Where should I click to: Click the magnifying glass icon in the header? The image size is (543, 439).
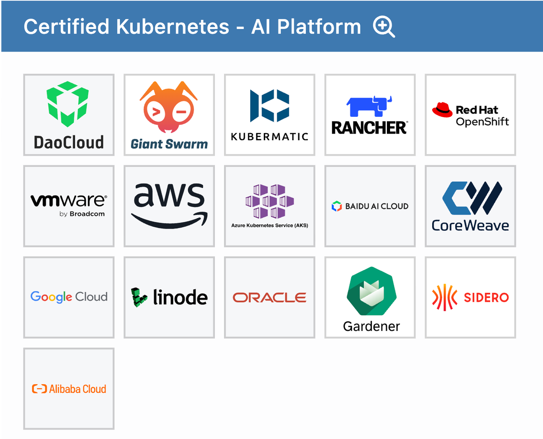click(383, 27)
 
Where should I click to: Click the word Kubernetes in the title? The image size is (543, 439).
click(172, 27)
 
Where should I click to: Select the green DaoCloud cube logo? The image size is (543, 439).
click(68, 104)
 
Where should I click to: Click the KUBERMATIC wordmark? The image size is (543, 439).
click(270, 136)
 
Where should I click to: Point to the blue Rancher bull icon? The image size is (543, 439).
click(369, 107)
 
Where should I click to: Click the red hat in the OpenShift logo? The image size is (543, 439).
click(442, 110)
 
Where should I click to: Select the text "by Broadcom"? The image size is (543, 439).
click(82, 214)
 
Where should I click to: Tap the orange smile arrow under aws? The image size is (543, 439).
click(169, 220)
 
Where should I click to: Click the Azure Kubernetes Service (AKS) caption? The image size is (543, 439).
click(270, 225)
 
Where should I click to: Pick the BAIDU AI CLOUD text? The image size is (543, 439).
click(376, 206)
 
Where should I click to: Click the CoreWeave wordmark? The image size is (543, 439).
click(470, 225)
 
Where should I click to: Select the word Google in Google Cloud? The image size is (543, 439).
click(51, 297)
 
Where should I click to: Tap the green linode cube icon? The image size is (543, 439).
click(139, 297)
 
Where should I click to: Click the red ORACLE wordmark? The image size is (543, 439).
click(270, 297)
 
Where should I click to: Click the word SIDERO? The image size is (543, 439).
click(486, 298)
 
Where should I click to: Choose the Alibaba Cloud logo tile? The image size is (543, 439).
click(69, 389)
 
